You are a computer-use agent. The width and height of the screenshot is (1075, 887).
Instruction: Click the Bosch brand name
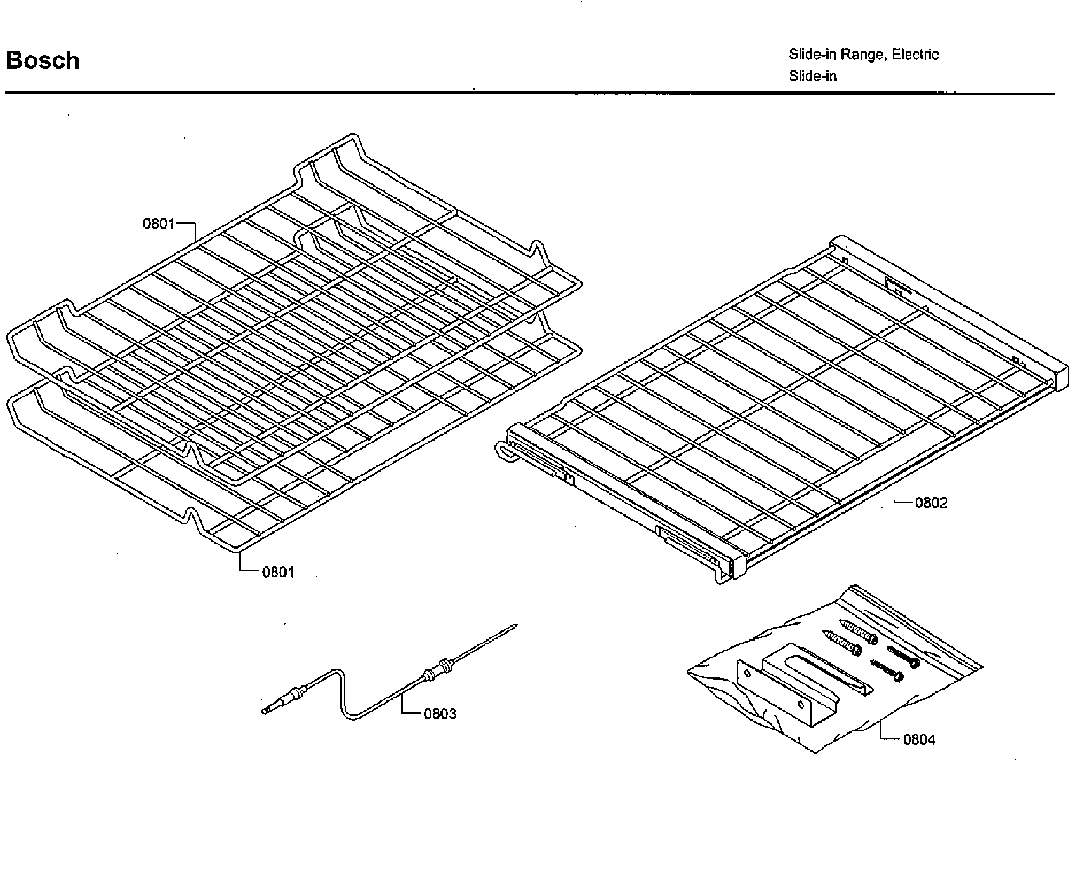43,60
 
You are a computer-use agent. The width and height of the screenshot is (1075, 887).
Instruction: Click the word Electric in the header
915,55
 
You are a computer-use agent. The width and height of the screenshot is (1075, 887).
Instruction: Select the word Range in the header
862,55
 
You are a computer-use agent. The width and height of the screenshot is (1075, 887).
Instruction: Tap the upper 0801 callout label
158,223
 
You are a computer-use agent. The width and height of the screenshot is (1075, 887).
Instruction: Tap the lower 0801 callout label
278,572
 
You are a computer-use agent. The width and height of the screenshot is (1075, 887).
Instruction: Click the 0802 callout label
931,503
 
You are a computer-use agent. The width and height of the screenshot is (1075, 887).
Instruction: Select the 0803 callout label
439,714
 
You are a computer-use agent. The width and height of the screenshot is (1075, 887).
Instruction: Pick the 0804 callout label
919,739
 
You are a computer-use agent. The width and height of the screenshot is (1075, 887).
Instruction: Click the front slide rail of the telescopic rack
622,502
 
